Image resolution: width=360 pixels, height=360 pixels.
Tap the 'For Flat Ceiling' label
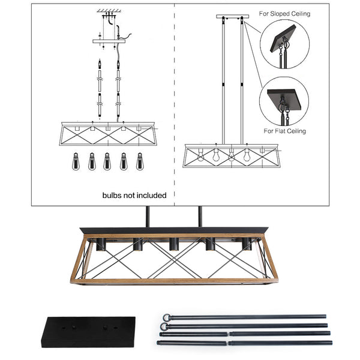coord(284,130)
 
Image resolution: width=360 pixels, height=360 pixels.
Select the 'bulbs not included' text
coord(134,195)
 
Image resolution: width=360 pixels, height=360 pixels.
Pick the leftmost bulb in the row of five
coord(76,160)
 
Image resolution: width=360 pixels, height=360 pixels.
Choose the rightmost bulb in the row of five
coord(139,160)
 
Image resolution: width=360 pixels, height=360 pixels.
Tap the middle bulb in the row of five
coord(107,160)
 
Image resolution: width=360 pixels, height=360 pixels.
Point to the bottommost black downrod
coord(244,343)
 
